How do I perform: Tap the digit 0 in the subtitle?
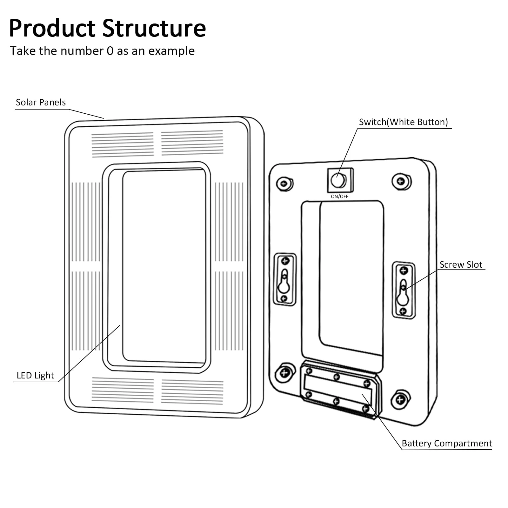pos(110,51)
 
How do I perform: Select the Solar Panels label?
pos(41,102)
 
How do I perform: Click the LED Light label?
pos(35,375)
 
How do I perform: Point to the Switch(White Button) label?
pos(403,122)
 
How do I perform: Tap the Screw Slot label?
pos(461,264)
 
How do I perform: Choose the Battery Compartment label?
pos(447,443)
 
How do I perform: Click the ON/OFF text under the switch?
pos(339,197)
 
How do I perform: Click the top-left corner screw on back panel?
pos(284,184)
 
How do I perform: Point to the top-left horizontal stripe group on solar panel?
pos(123,145)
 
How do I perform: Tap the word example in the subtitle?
pos(171,51)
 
